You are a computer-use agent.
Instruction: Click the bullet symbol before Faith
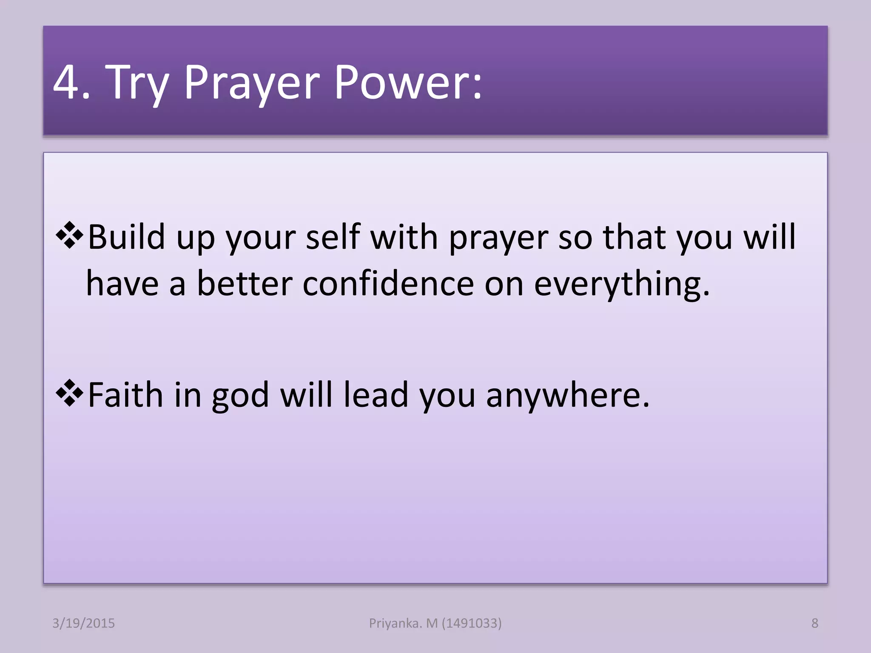coord(69,394)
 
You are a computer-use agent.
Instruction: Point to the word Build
coord(126,237)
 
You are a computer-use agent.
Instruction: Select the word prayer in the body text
coord(498,238)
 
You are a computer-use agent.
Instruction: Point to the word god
coord(240,396)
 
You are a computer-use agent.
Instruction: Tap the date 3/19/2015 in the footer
coord(83,623)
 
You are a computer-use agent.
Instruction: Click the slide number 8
coord(814,623)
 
